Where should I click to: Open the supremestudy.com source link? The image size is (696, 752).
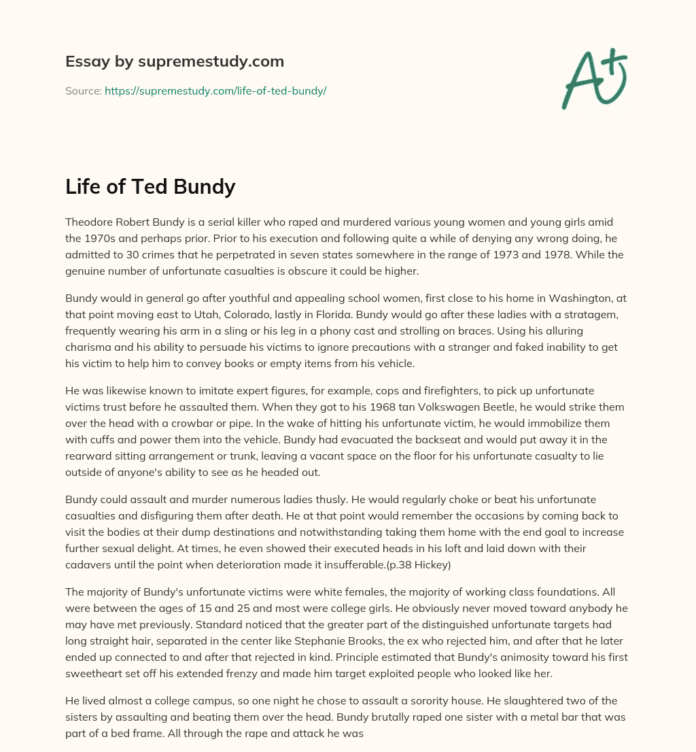tap(215, 90)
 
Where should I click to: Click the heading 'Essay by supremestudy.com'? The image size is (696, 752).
tap(175, 62)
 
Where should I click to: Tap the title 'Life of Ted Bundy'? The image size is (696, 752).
tap(150, 186)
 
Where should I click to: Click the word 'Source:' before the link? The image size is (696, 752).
tap(84, 90)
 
